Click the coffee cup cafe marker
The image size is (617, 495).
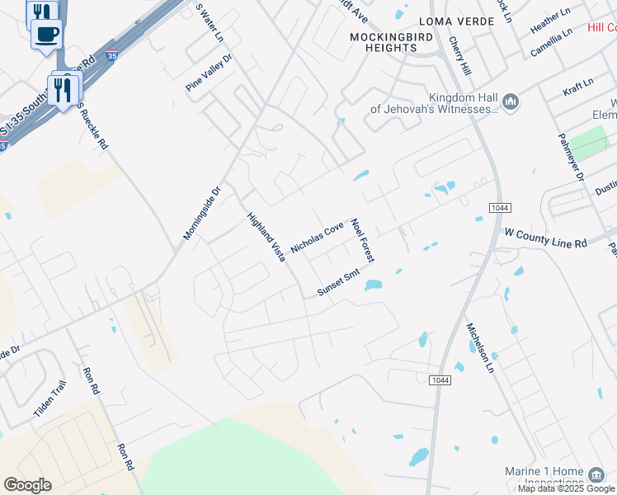point(46,35)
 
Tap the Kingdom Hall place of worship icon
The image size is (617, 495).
point(510,101)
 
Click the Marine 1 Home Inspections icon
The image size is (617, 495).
point(596,475)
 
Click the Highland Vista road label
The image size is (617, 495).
point(266,238)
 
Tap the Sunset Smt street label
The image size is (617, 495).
point(340,285)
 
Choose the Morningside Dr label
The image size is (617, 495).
point(202,213)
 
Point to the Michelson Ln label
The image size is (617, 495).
point(483,346)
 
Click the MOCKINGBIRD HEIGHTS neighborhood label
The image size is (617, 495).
point(384,42)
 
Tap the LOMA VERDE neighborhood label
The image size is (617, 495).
point(449,21)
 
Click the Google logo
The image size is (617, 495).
point(27,485)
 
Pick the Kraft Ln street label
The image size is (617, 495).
point(577,84)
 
